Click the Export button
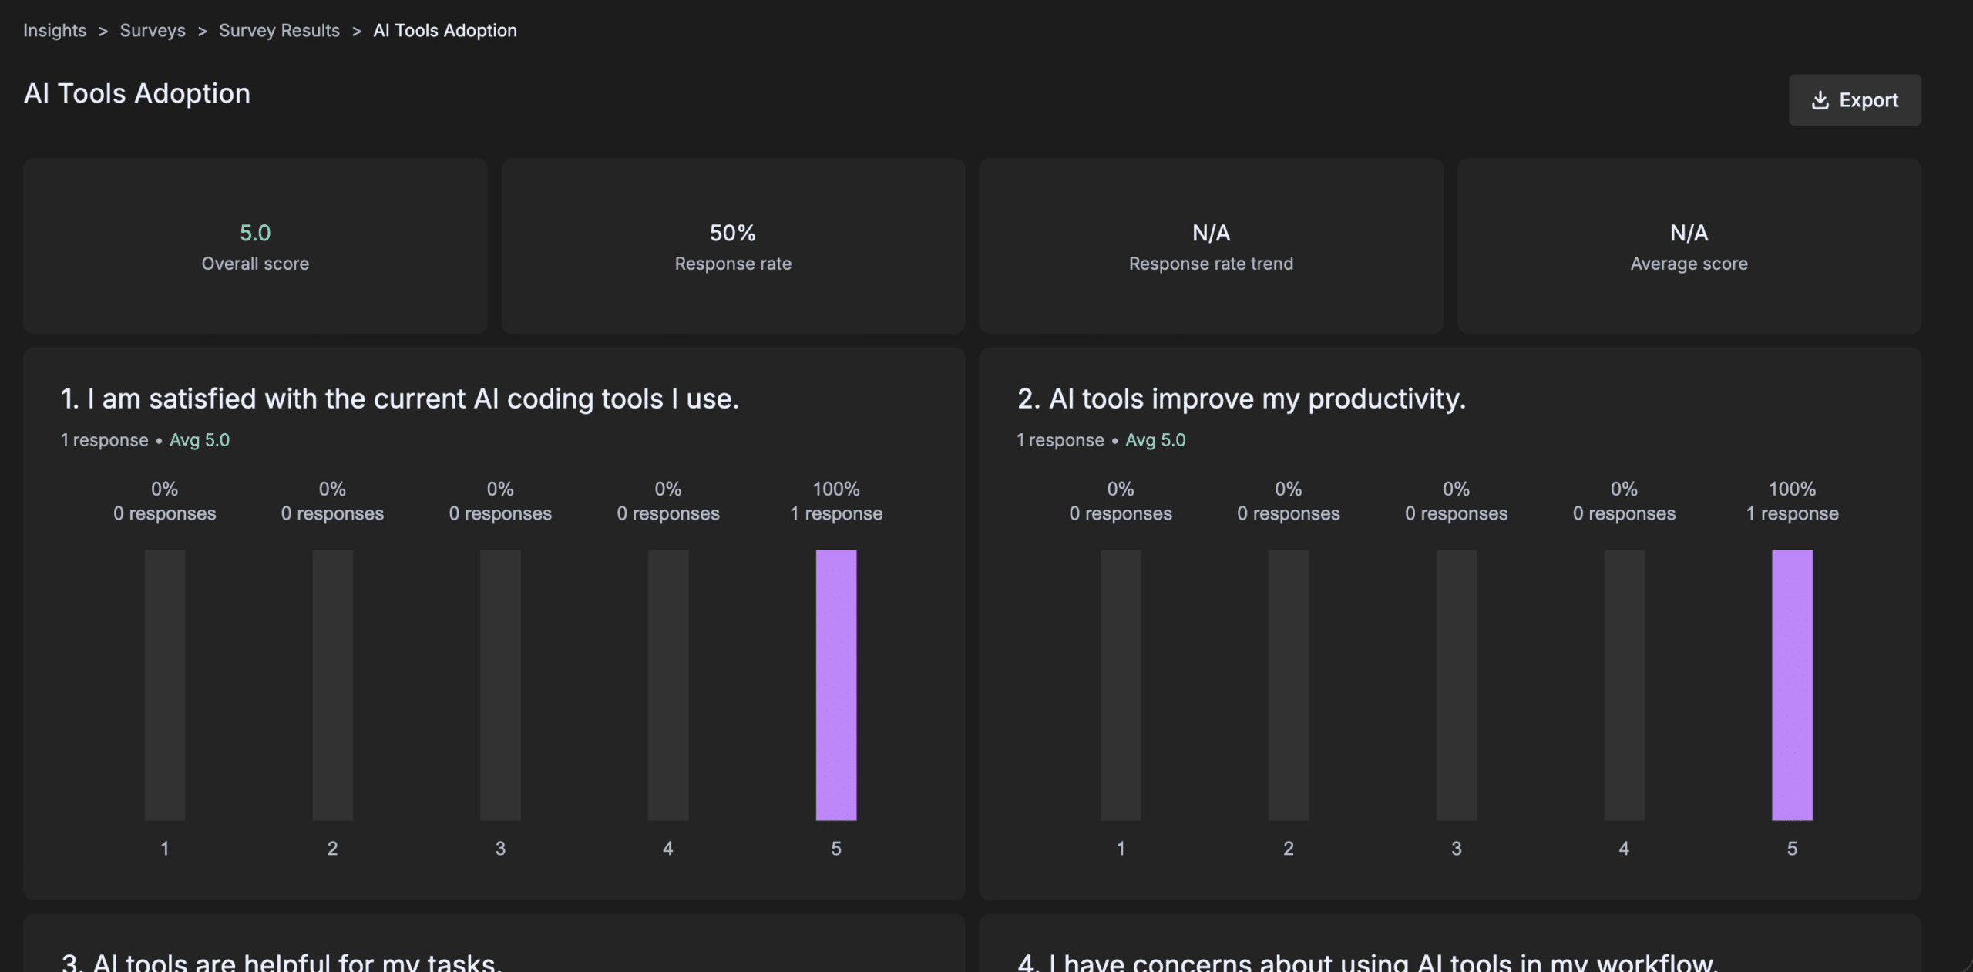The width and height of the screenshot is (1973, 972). coord(1854,100)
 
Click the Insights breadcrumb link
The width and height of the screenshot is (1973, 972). coord(55,31)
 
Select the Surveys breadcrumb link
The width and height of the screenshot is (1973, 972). coord(153,31)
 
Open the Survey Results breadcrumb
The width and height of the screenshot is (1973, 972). coord(279,31)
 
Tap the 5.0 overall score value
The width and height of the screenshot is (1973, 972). coord(255,233)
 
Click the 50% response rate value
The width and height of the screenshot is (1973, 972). coord(732,233)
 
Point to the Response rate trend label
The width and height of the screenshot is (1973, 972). coord(1211,264)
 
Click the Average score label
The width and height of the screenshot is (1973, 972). coord(1689,264)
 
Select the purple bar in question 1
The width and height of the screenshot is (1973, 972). coord(836,684)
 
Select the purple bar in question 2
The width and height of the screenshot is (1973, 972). coord(1792,684)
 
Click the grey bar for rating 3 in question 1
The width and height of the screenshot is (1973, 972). coord(500,684)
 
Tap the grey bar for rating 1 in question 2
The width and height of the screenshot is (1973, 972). coord(1121,684)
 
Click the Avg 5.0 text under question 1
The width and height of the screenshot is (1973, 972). coord(200,440)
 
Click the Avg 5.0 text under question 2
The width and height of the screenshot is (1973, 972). coord(1155,440)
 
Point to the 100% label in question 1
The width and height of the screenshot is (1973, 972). coord(836,489)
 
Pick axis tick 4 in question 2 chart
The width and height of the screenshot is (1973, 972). coord(1624,849)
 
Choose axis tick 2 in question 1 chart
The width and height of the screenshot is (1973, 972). coord(332,849)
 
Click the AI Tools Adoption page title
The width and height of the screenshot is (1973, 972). coord(137,93)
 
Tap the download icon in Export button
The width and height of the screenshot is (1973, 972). coord(1820,100)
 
